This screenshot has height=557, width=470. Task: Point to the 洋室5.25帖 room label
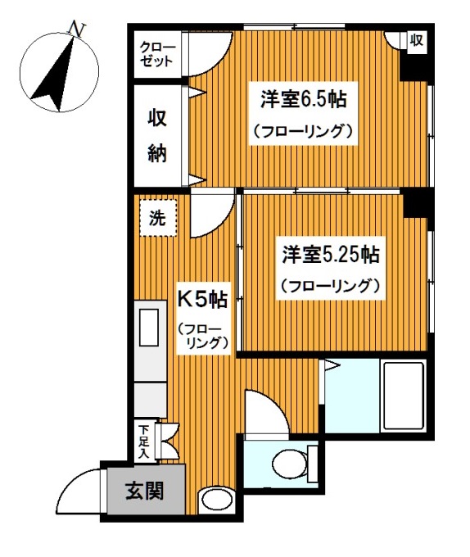330,254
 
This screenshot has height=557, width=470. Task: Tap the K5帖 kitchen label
203,300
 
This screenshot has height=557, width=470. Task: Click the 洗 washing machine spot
157,219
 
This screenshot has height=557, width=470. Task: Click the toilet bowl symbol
293,458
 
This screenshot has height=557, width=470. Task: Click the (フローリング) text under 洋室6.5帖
302,130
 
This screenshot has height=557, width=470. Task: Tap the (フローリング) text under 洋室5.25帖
330,286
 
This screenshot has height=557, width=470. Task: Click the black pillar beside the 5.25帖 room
418,202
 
